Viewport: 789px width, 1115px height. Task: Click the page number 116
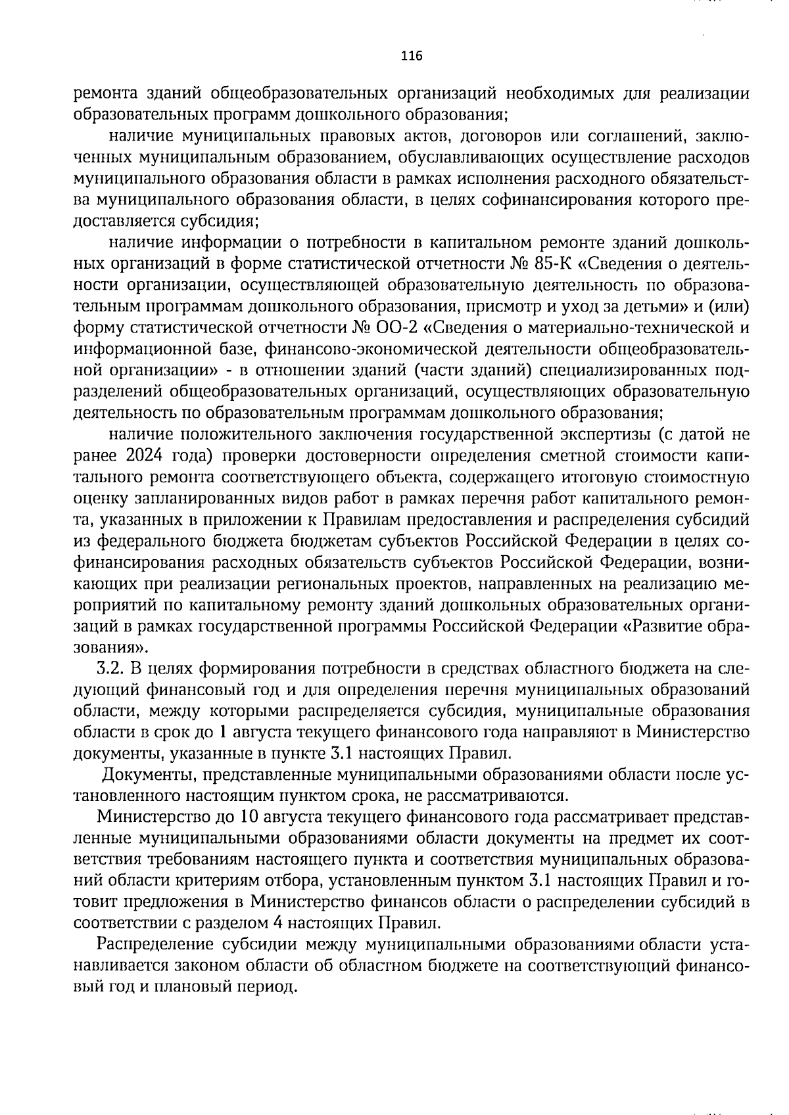411,56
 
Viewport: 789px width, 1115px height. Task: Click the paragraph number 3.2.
111,668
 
